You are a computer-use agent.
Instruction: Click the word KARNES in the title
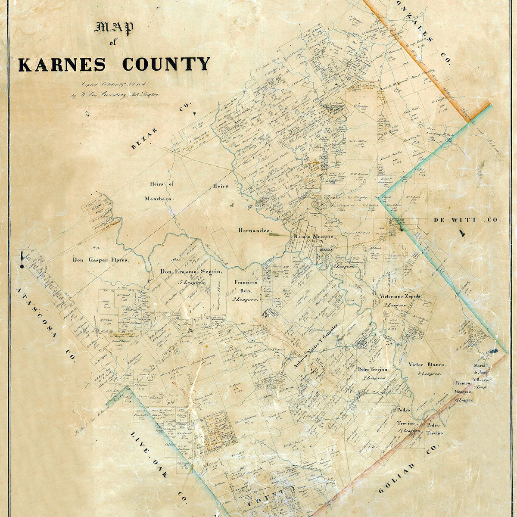(62, 64)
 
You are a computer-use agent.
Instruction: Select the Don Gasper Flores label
(100, 260)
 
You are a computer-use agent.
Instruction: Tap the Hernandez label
(254, 230)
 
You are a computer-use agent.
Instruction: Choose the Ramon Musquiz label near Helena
(314, 237)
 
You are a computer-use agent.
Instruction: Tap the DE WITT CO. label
(467, 220)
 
